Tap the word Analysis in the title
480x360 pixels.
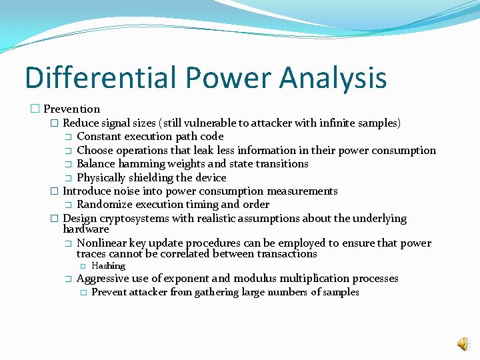tap(333, 77)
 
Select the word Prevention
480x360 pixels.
tap(72, 109)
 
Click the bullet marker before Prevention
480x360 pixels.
tap(35, 109)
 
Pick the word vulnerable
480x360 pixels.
tap(215, 123)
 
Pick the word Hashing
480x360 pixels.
tap(108, 266)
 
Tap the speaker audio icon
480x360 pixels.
tap(462, 343)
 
